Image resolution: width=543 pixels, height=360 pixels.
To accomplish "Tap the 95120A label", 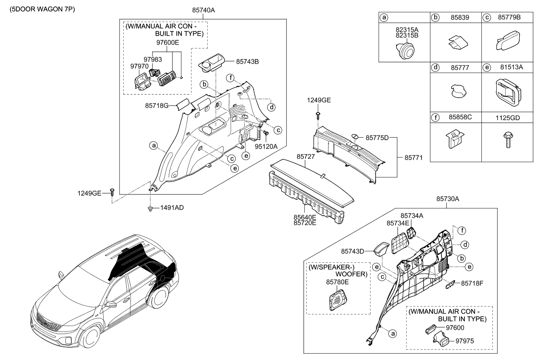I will point(266,146).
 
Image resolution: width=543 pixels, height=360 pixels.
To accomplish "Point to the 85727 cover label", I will point(305,157).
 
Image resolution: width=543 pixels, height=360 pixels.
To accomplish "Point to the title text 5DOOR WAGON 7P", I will point(39,9).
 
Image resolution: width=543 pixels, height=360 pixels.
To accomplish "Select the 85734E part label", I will point(398,222).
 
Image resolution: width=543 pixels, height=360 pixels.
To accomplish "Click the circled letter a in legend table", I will point(384,17).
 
